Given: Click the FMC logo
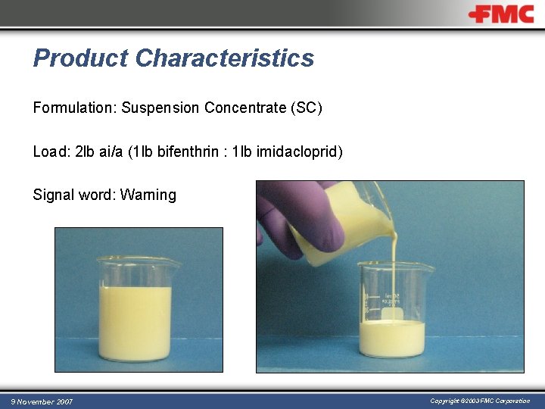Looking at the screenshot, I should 500,14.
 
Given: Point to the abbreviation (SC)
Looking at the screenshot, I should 306,108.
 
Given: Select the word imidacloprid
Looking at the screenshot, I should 299,152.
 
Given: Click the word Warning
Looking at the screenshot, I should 148,195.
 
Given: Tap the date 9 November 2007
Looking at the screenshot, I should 42,401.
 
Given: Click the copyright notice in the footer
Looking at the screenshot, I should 480,401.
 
